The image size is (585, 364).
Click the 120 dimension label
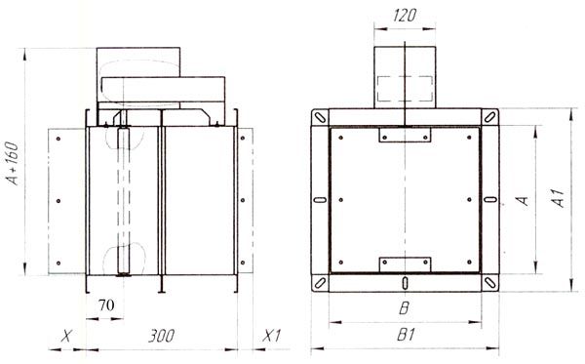pyautogui.click(x=405, y=16)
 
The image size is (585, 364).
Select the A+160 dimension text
pyautogui.click(x=13, y=163)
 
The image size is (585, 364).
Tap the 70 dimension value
pyautogui.click(x=106, y=305)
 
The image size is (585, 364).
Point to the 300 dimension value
pyautogui.click(x=161, y=336)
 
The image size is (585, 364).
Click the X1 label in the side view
pyautogui.click(x=271, y=336)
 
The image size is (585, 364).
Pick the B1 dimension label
pyautogui.click(x=406, y=335)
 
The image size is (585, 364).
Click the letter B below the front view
pyautogui.click(x=404, y=308)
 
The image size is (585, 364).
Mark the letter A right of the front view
pyautogui.click(x=524, y=200)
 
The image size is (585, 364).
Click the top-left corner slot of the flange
pyautogui.click(x=320, y=118)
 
